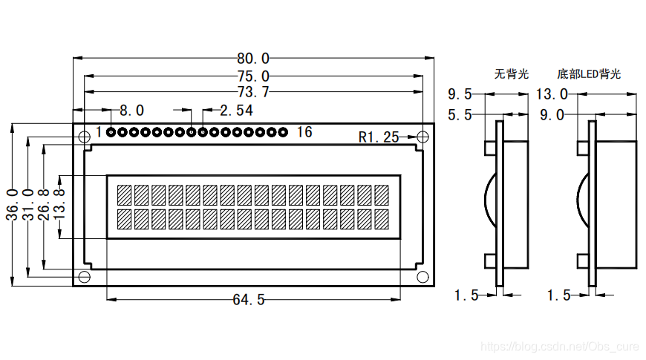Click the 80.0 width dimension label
pos(253,58)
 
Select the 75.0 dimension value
pos(253,76)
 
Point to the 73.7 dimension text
pos(253,93)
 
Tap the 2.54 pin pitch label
pos(237,111)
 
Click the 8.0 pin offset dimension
pos(131,111)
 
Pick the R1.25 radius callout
pos(379,137)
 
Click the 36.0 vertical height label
pos(13,204)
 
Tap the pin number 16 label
pos(304,133)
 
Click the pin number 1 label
pos(99,133)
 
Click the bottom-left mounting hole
pos(85,277)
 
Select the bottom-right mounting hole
pos(422,277)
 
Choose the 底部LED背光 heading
pos(589,74)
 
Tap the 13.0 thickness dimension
pos(552,94)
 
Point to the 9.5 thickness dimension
pos(460,94)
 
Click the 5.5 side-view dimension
pos(460,115)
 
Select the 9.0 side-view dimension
pos(552,115)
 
